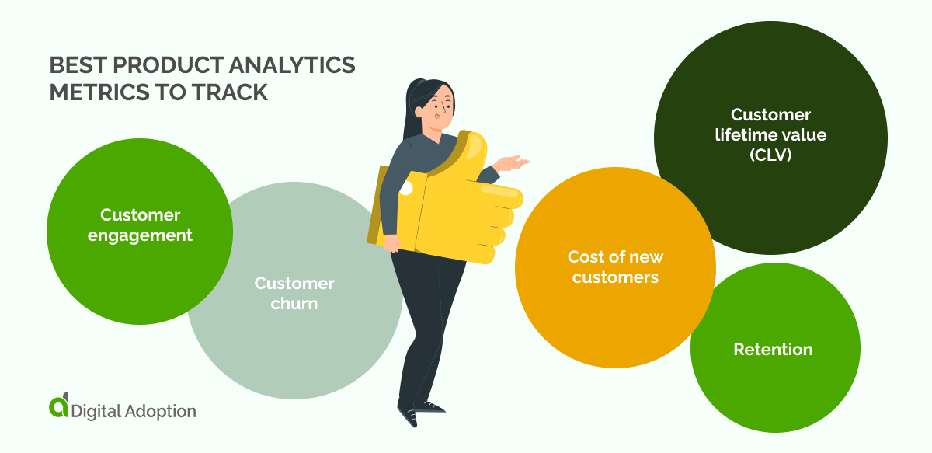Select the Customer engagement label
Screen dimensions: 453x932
(x=140, y=225)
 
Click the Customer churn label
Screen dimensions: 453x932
(x=294, y=293)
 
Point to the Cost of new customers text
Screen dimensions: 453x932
(x=615, y=267)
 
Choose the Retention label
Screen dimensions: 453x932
(x=773, y=350)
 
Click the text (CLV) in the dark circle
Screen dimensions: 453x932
(x=770, y=154)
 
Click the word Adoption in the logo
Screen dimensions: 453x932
(x=159, y=411)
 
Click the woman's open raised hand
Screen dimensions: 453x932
(x=512, y=164)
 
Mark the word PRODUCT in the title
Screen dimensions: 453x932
(x=162, y=66)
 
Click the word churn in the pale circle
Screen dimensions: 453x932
(x=294, y=303)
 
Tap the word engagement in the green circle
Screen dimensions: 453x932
(x=140, y=235)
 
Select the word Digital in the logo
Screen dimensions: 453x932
(x=95, y=411)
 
